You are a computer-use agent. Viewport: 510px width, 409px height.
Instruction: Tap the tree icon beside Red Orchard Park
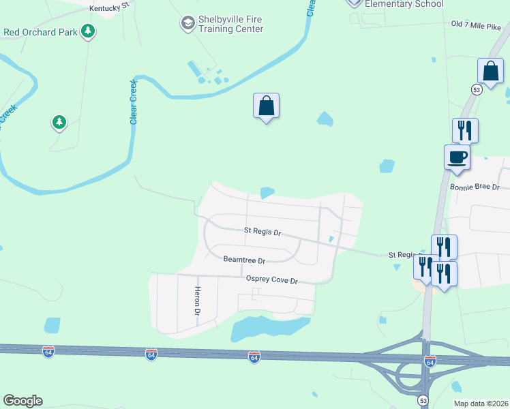pyautogui.click(x=87, y=31)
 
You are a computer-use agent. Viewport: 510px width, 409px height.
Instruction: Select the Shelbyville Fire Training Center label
pyautogui.click(x=230, y=25)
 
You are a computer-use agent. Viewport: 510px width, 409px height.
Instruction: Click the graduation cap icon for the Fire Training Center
pyautogui.click(x=187, y=24)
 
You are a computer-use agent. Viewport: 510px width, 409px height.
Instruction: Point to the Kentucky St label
pyautogui.click(x=109, y=6)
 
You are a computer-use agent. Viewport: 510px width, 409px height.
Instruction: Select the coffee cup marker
pyautogui.click(x=457, y=157)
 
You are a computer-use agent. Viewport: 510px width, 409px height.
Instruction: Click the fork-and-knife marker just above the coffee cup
pyautogui.click(x=465, y=130)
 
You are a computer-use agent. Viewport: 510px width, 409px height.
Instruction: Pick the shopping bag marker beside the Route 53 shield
pyautogui.click(x=491, y=72)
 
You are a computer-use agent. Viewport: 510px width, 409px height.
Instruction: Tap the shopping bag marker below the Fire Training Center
pyautogui.click(x=267, y=106)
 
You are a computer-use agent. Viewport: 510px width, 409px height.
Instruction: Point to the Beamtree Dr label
pyautogui.click(x=244, y=260)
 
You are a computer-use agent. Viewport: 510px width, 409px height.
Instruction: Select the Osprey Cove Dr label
pyautogui.click(x=272, y=280)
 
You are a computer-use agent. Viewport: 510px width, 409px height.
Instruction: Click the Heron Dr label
pyautogui.click(x=198, y=301)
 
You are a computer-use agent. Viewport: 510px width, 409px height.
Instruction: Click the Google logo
pyautogui.click(x=22, y=401)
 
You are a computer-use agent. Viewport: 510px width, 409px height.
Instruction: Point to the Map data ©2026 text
pyautogui.click(x=481, y=404)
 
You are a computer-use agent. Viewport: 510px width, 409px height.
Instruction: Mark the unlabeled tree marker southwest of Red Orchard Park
pyautogui.click(x=59, y=123)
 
